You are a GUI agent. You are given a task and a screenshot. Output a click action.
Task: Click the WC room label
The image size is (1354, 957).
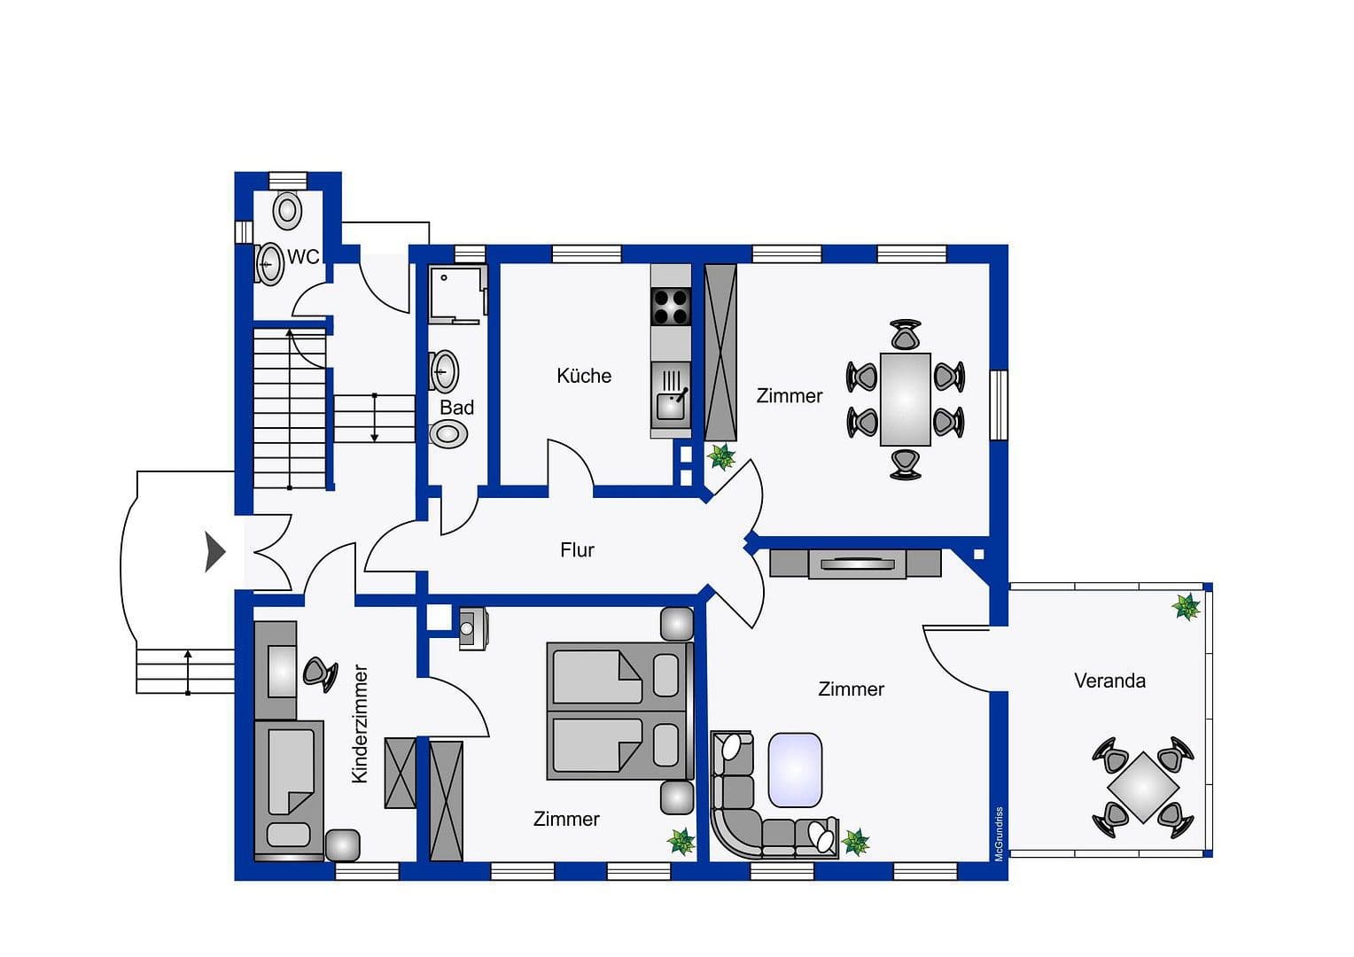tap(303, 257)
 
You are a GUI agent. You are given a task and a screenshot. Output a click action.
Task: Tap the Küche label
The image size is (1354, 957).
tap(584, 376)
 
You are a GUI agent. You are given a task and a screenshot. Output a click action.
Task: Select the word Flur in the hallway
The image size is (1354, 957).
tap(577, 550)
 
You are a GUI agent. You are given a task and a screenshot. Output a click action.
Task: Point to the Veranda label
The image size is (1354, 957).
tap(1109, 681)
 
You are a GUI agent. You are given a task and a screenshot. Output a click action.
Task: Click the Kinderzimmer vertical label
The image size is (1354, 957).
tap(360, 724)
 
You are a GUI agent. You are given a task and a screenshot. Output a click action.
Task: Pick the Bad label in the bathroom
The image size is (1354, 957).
tap(456, 408)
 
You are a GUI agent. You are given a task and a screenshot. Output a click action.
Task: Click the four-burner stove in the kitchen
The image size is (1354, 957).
tap(671, 307)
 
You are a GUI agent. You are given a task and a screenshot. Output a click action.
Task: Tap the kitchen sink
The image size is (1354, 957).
tap(671, 404)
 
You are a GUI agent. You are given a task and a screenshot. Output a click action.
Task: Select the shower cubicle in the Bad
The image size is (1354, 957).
tap(456, 293)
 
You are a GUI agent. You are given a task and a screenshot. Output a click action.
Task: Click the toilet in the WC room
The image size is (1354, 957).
tap(287, 211)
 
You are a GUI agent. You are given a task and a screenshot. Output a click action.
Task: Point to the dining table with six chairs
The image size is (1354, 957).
tap(905, 400)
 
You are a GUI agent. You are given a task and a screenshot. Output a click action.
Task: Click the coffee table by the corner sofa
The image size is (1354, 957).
tap(795, 770)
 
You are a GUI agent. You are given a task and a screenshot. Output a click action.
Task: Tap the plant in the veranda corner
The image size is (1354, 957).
tap(1186, 607)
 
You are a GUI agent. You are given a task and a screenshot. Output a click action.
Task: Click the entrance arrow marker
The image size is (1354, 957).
tap(214, 552)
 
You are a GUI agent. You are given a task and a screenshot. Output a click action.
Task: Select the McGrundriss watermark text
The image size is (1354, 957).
tap(999, 833)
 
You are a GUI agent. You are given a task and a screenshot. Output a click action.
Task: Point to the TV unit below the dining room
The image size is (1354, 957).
tap(855, 564)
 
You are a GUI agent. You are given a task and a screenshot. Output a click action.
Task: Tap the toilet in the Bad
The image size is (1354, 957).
tap(448, 434)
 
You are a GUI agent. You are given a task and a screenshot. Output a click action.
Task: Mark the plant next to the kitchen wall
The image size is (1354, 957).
tap(721, 457)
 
